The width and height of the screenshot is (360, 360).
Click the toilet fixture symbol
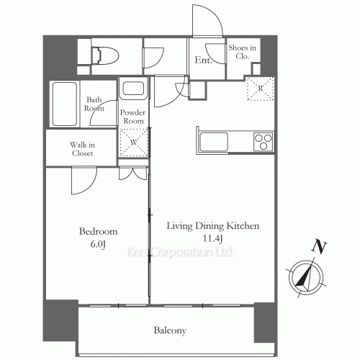[x=106, y=56]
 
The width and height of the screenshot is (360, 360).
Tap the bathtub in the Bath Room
[x=65, y=104]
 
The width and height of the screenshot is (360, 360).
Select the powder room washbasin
[x=133, y=89]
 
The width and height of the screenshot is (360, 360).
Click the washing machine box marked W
[x=134, y=143]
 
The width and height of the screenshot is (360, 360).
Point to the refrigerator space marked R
[x=261, y=89]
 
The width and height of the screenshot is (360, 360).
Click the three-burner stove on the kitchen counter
[x=264, y=142]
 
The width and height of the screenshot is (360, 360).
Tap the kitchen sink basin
[x=214, y=142]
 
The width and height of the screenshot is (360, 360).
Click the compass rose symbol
[x=306, y=277]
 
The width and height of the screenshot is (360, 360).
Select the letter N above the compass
[x=319, y=246]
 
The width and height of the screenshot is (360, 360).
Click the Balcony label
[x=170, y=330]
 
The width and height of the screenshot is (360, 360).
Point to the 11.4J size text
[x=213, y=238]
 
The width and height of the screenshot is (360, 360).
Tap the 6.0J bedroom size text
[x=98, y=244]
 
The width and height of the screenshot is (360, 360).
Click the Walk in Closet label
[x=82, y=149]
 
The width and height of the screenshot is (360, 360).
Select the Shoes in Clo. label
[x=242, y=52]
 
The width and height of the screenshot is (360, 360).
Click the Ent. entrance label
[x=203, y=60]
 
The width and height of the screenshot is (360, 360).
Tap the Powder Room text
[x=132, y=117]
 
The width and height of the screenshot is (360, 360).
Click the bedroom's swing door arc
[x=91, y=186]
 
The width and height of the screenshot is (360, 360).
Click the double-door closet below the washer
[x=132, y=174]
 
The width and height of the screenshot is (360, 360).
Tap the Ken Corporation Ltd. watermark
[x=180, y=252]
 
